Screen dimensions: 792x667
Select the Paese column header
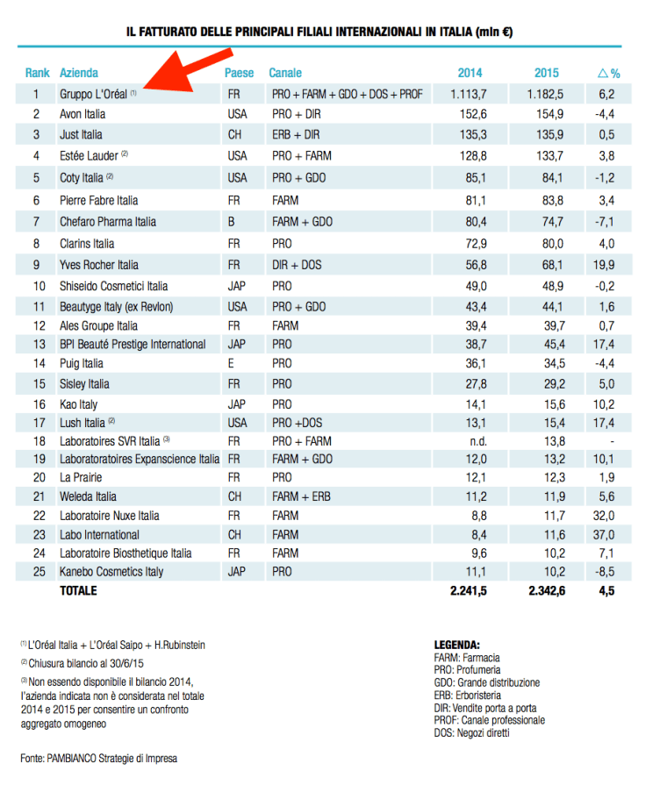(x=239, y=73)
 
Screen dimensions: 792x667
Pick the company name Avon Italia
(x=82, y=114)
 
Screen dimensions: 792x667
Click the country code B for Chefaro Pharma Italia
(x=231, y=222)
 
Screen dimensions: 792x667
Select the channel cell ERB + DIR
(x=296, y=135)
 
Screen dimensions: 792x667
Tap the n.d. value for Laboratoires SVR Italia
(x=474, y=441)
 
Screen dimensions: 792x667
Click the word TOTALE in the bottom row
(x=78, y=591)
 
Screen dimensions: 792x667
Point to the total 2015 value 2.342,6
(x=544, y=591)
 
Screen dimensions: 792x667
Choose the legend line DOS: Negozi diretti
(x=471, y=732)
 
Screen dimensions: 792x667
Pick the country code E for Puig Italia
(x=231, y=363)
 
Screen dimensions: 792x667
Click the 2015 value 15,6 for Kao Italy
(x=549, y=404)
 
